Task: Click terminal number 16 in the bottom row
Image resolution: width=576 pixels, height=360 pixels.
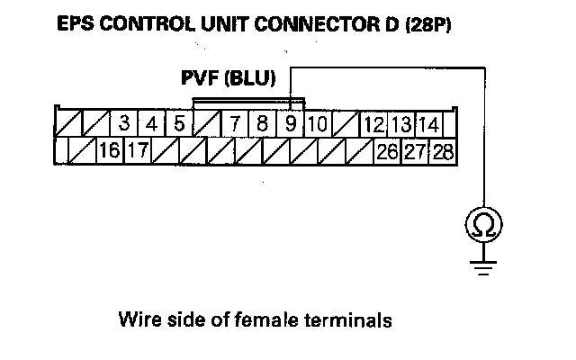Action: (x=110, y=150)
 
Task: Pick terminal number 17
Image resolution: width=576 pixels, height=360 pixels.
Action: (x=137, y=150)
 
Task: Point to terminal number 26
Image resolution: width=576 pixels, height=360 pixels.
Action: (x=387, y=150)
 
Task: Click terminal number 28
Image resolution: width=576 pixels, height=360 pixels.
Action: (x=442, y=150)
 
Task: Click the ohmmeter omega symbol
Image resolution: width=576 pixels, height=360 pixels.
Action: (x=484, y=225)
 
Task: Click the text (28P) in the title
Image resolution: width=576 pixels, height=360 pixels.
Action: (x=427, y=24)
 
